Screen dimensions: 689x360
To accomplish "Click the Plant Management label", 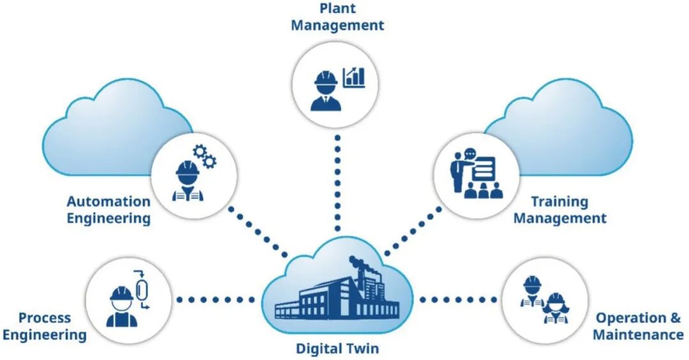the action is click(x=337, y=17).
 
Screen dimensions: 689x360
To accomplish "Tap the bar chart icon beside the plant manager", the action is click(x=354, y=77).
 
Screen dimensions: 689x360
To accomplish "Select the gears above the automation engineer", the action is click(x=205, y=156).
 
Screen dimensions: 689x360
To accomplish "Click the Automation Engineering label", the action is click(x=108, y=209).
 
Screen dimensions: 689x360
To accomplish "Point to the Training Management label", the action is click(x=560, y=209).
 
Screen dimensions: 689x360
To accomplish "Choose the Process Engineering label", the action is click(x=45, y=326).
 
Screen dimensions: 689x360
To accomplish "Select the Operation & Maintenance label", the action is click(x=638, y=326).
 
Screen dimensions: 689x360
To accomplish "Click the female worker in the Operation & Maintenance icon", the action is click(x=556, y=308).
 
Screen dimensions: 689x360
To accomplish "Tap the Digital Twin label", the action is click(x=337, y=349).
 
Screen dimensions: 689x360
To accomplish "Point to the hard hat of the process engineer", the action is click(x=121, y=294).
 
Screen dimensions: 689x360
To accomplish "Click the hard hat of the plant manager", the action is click(x=325, y=78).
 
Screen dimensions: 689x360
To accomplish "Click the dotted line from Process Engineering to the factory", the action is click(x=216, y=300).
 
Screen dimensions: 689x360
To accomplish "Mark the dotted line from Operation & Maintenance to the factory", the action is click(x=458, y=300).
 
